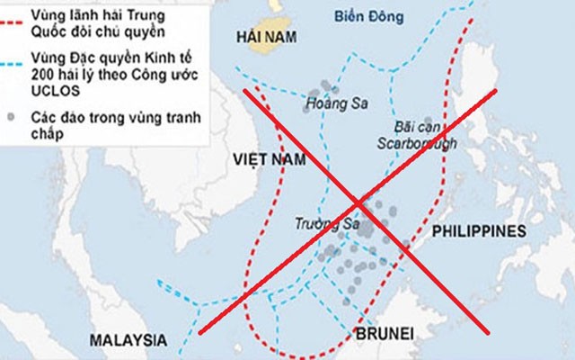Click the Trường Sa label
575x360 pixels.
point(321,222)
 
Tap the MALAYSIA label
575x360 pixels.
point(128,340)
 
